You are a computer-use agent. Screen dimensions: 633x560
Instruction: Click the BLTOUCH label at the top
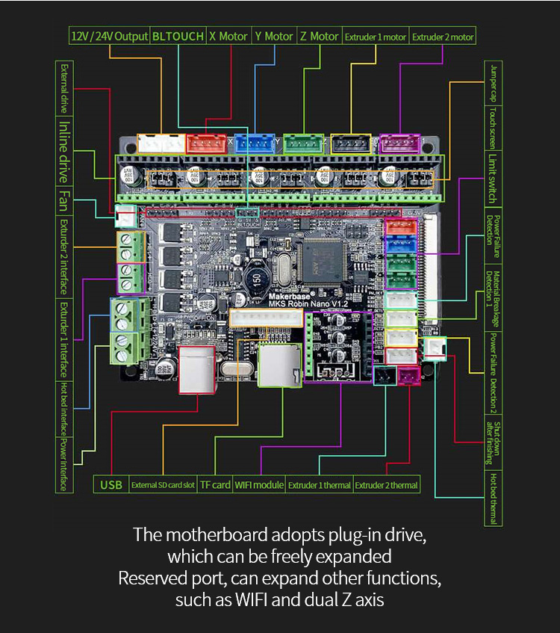pos(178,36)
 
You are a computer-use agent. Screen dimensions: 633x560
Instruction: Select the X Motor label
pos(228,36)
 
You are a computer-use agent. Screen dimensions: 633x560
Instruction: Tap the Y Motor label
pos(273,36)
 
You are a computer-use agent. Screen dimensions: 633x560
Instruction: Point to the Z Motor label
pos(319,36)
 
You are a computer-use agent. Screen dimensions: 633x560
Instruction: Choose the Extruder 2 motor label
pos(443,36)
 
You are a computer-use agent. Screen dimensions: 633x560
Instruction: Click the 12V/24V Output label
pos(109,36)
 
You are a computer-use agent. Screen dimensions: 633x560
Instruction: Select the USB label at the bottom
pos(111,484)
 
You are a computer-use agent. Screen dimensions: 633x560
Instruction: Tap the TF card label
pos(215,484)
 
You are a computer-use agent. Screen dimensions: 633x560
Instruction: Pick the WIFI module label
pos(259,484)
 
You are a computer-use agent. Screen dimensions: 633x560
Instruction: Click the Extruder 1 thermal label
pos(319,484)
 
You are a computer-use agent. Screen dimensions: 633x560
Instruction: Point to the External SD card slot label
pos(163,484)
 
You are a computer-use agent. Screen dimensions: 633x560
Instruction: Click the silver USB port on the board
pos(197,369)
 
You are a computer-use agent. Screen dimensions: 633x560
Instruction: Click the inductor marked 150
pos(255,280)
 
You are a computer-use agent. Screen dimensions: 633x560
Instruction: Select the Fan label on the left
pos(65,200)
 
